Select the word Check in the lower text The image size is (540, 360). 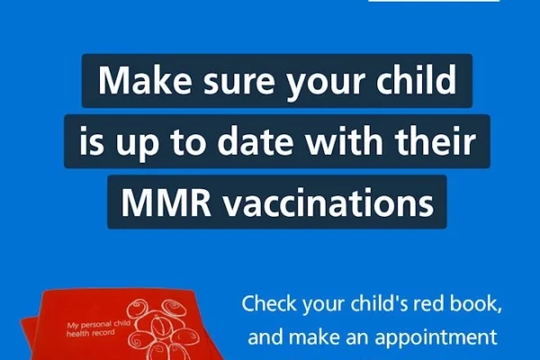point(269,303)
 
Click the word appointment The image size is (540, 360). point(436,337)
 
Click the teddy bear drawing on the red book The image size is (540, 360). point(162,329)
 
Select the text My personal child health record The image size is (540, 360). point(98,328)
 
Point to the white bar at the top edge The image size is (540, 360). point(434,1)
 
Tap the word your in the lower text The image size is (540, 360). point(323,305)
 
